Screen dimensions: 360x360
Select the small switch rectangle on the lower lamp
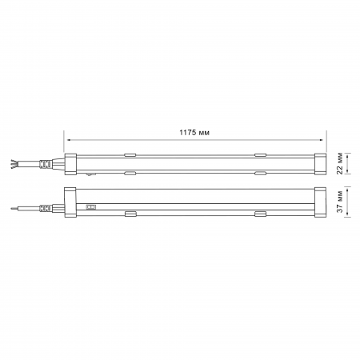pos(92,206)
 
